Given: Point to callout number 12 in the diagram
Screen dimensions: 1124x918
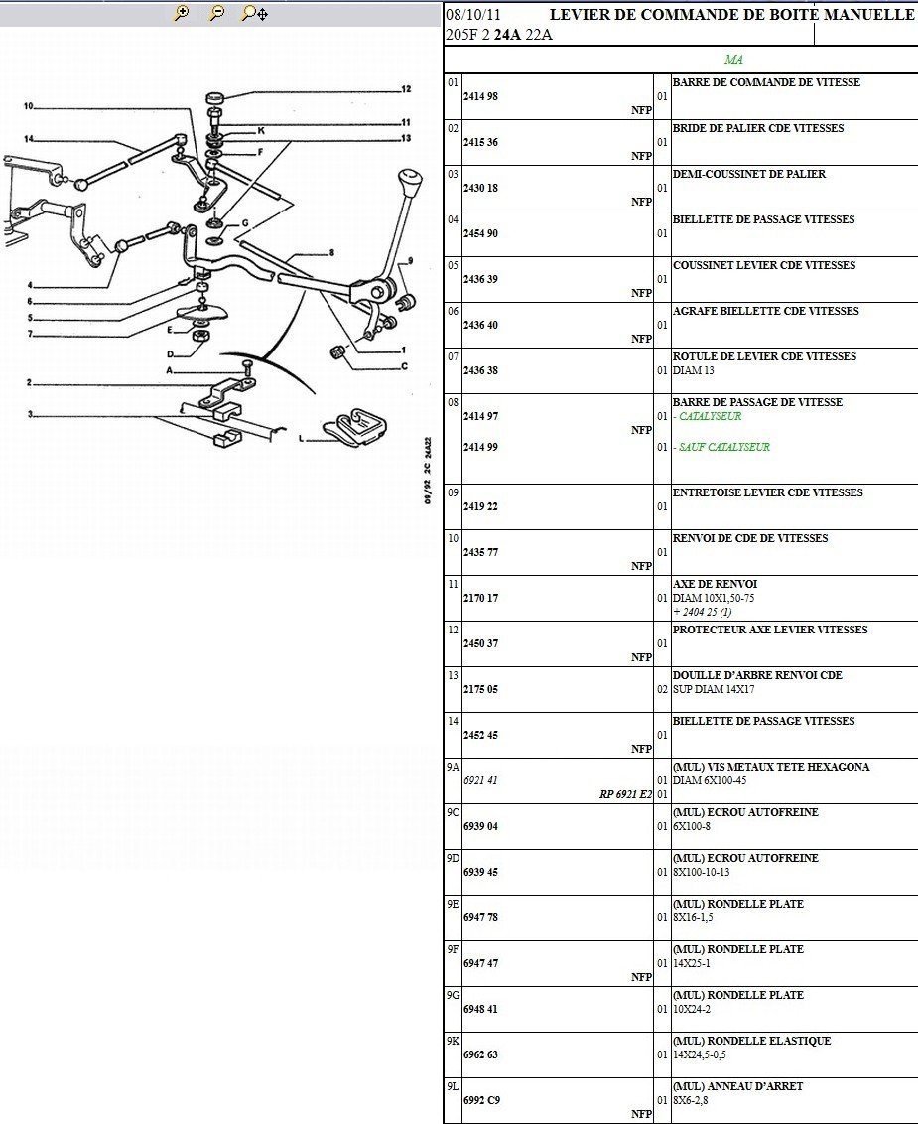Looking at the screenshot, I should tap(406, 90).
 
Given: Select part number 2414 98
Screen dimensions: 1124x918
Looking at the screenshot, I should tap(480, 96).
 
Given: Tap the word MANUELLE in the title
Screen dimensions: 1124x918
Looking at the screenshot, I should tap(869, 15).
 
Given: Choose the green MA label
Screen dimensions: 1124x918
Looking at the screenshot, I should tap(733, 60).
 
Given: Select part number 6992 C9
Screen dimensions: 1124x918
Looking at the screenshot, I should tap(481, 1100).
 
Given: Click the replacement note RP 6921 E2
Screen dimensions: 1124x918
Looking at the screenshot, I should tap(625, 794).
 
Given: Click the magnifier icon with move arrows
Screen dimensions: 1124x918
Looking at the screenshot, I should tap(255, 13).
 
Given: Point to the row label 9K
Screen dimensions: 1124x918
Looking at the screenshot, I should tap(454, 1041).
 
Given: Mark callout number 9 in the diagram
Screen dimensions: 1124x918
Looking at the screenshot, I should tap(410, 262).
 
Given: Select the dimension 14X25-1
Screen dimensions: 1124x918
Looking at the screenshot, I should tap(691, 963).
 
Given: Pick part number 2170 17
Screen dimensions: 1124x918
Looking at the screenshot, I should tap(480, 598).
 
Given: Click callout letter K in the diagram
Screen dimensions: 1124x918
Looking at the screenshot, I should tap(261, 130).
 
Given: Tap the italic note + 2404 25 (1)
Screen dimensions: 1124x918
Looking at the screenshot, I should tap(702, 612).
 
